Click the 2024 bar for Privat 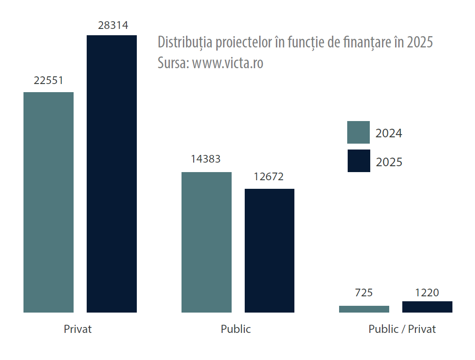pyautogui.click(x=48, y=202)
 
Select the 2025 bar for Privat pyautogui.click(x=112, y=173)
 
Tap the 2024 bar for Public pyautogui.click(x=206, y=242)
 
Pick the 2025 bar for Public pyautogui.click(x=270, y=250)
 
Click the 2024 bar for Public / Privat pyautogui.click(x=364, y=309)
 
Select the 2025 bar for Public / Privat pyautogui.click(x=427, y=307)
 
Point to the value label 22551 pyautogui.click(x=48, y=80)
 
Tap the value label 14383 pyautogui.click(x=206, y=159)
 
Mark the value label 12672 pyautogui.click(x=269, y=177)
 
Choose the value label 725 pyautogui.click(x=364, y=293)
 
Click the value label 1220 pyautogui.click(x=427, y=293)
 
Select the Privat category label pyautogui.click(x=78, y=329)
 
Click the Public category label pyautogui.click(x=236, y=329)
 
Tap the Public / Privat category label pyautogui.click(x=402, y=329)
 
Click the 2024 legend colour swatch pyautogui.click(x=359, y=132)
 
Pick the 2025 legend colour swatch pyautogui.click(x=359, y=161)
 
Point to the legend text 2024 pyautogui.click(x=389, y=133)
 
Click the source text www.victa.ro pyautogui.click(x=228, y=63)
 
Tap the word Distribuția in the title pyautogui.click(x=185, y=42)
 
